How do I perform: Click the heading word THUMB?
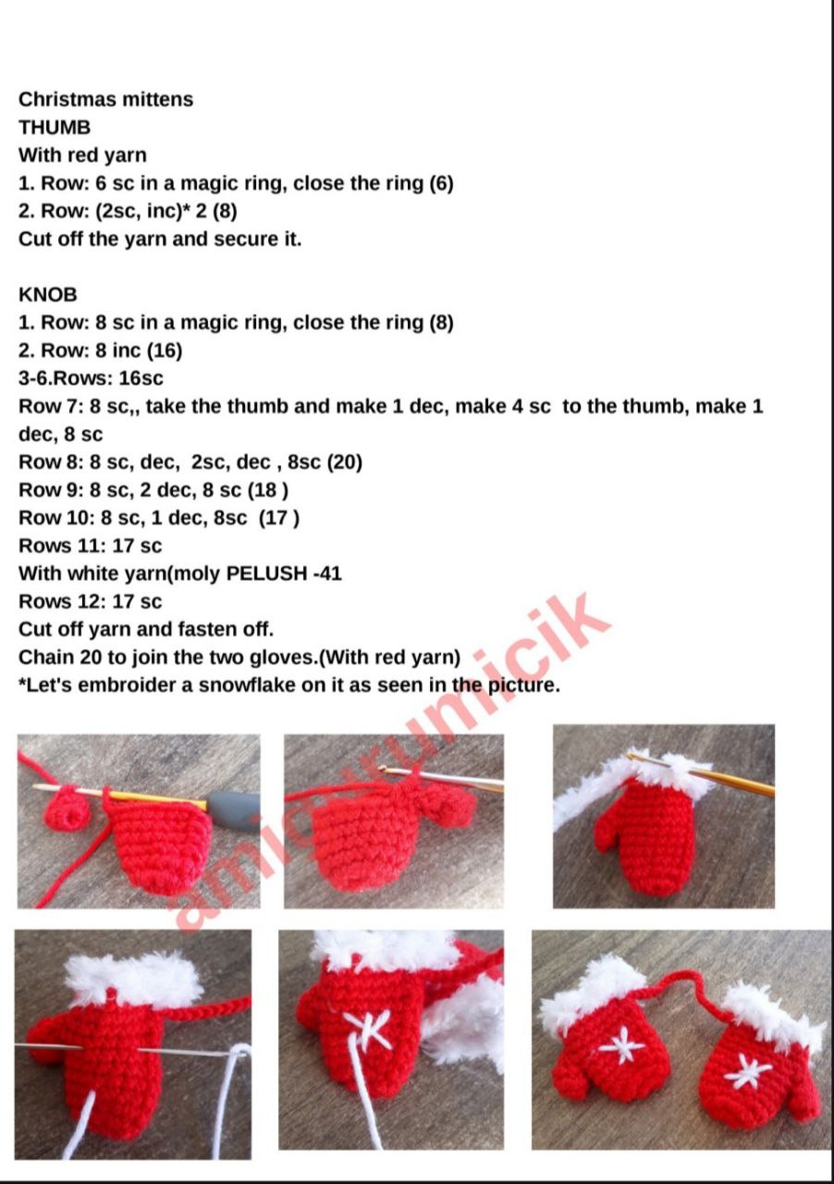(55, 128)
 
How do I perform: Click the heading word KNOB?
(47, 294)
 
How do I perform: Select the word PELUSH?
(266, 573)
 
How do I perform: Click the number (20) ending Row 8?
(345, 462)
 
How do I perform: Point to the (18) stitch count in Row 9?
(268, 490)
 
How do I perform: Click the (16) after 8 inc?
(165, 351)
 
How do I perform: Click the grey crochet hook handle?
(231, 808)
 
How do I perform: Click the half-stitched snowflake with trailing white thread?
(370, 1029)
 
